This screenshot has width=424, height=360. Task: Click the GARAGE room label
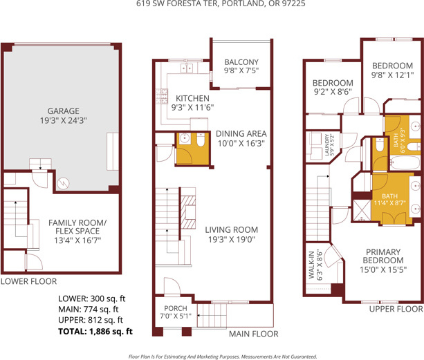(x=63, y=111)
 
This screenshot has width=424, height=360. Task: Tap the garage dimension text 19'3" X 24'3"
(x=63, y=120)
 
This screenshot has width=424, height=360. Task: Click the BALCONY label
(x=241, y=62)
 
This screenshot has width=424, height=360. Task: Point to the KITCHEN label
(x=192, y=98)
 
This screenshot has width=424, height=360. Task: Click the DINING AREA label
(x=241, y=133)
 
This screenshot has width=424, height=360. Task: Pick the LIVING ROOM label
(x=232, y=230)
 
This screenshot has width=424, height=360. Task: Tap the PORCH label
(x=176, y=308)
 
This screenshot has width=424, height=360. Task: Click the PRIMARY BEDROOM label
(x=383, y=256)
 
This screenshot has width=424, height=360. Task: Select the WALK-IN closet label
(x=311, y=265)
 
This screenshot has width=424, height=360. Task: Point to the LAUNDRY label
(x=327, y=144)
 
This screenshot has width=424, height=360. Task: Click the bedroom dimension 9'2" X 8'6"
(x=333, y=92)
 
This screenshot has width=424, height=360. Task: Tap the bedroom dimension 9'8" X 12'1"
(x=392, y=75)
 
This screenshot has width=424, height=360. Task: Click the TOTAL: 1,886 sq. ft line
(x=95, y=332)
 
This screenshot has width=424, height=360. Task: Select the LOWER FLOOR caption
(x=28, y=281)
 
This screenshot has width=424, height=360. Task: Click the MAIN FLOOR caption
(x=254, y=334)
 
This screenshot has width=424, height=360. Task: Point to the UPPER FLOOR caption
(x=396, y=309)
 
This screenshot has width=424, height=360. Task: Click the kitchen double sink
(x=187, y=68)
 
